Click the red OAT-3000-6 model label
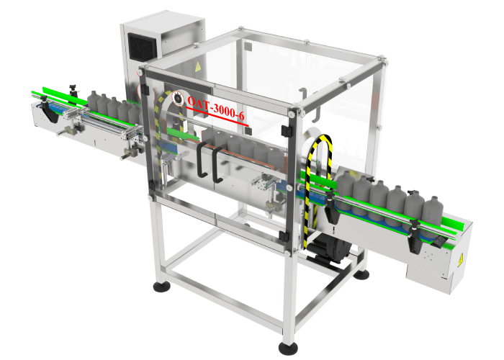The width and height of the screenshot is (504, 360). pos(217,107)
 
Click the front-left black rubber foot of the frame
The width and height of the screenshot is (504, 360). pos(159,288)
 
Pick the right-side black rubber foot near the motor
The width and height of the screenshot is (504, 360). pos(361,274)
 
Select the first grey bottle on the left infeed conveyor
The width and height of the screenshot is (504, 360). pos(93,100)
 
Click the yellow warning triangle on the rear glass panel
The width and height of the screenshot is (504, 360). pos(199,66)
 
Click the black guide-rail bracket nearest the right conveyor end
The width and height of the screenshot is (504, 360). pos(416,238)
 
